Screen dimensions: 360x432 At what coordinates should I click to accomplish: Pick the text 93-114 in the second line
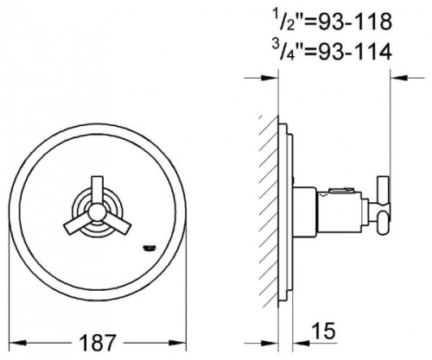coord(353,52)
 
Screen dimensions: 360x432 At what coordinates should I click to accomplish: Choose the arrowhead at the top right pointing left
coord(394,77)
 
